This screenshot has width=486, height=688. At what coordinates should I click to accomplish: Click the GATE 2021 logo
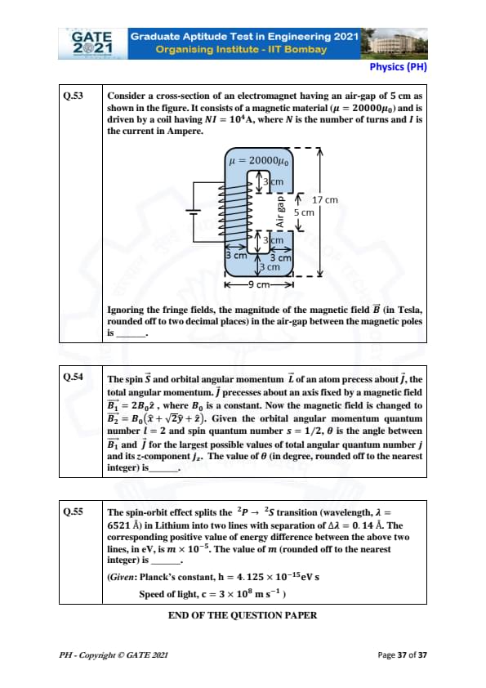click(92, 43)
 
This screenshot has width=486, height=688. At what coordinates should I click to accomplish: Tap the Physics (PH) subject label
click(398, 67)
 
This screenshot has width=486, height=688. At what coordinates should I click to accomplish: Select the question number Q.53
click(74, 96)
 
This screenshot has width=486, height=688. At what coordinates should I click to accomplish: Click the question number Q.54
click(74, 377)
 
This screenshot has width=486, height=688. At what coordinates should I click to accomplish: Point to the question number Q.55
click(74, 512)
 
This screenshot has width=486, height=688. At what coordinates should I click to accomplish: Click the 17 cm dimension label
click(325, 200)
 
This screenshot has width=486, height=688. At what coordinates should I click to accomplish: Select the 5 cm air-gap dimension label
click(304, 212)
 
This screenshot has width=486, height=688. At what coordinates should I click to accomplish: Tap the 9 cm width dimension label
click(259, 284)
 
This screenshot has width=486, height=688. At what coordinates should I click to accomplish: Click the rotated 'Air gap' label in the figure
click(280, 212)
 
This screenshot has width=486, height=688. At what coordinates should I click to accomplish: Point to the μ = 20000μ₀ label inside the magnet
click(259, 161)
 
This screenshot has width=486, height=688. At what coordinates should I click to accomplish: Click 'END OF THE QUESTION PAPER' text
click(243, 615)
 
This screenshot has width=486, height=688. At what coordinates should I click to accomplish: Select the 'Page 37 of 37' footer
click(402, 654)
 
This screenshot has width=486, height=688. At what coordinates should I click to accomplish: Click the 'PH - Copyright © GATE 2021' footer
click(114, 655)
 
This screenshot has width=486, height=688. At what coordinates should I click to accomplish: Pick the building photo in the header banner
click(394, 44)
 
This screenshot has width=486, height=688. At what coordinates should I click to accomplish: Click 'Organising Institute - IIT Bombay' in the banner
click(241, 49)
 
